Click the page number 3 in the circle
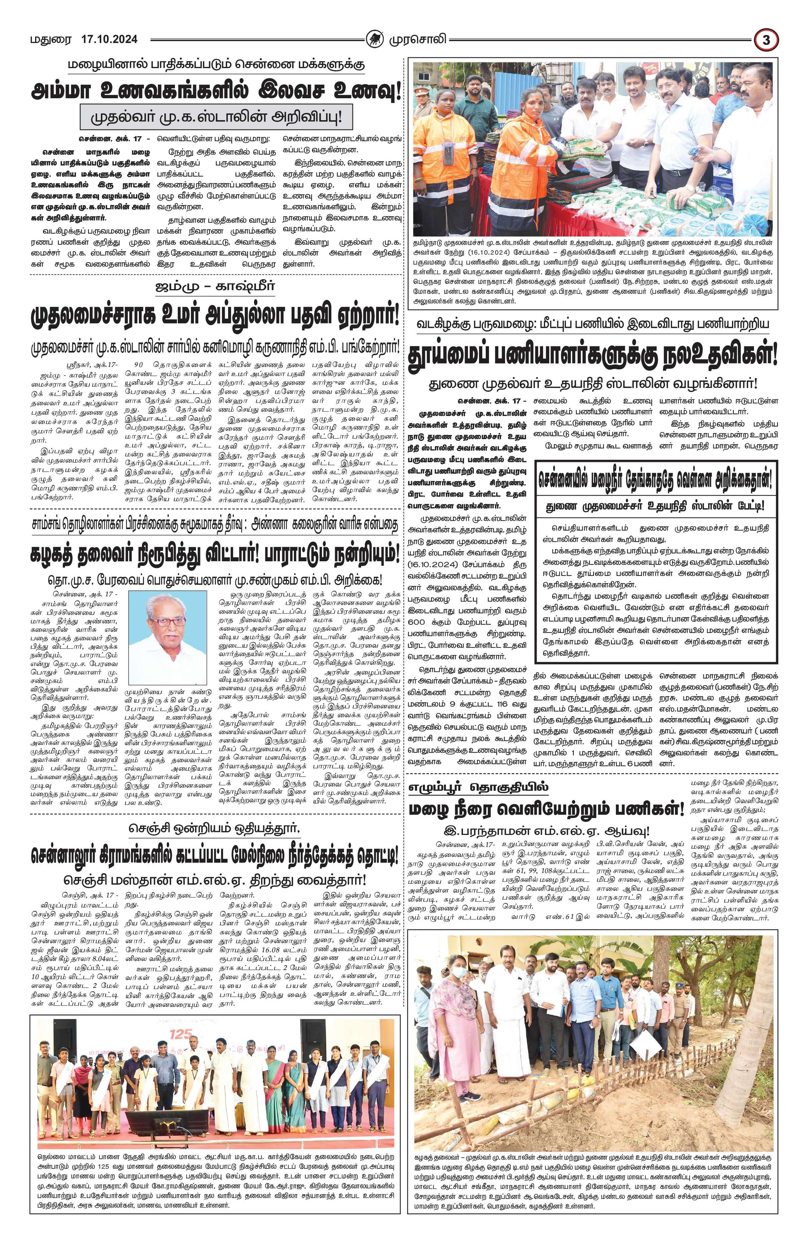pyautogui.click(x=766, y=40)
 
